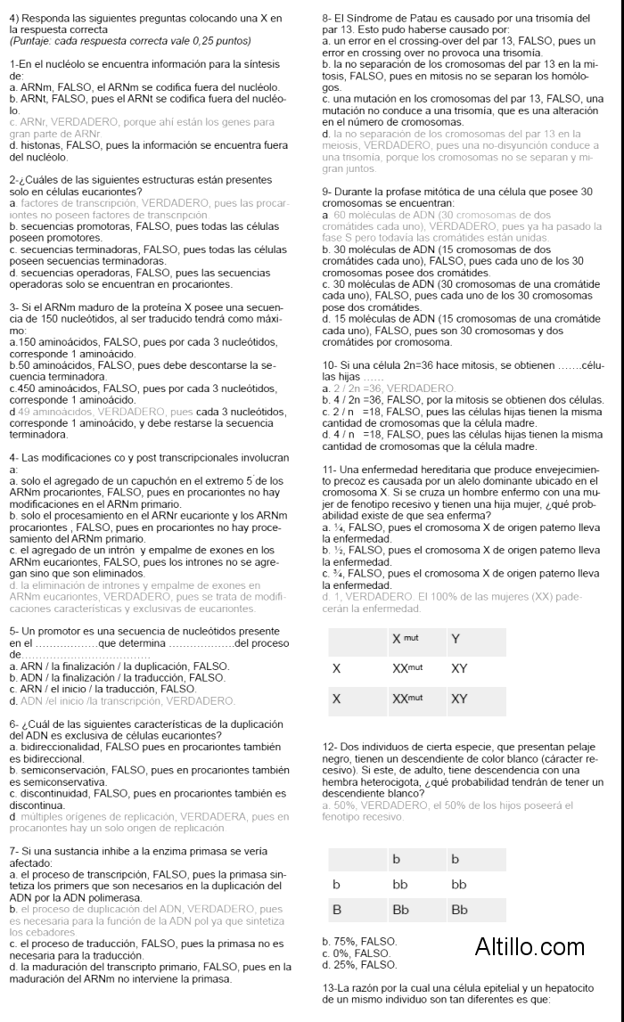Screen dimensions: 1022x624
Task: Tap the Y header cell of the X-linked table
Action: click(456, 639)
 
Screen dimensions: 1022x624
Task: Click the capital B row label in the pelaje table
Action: click(337, 910)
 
